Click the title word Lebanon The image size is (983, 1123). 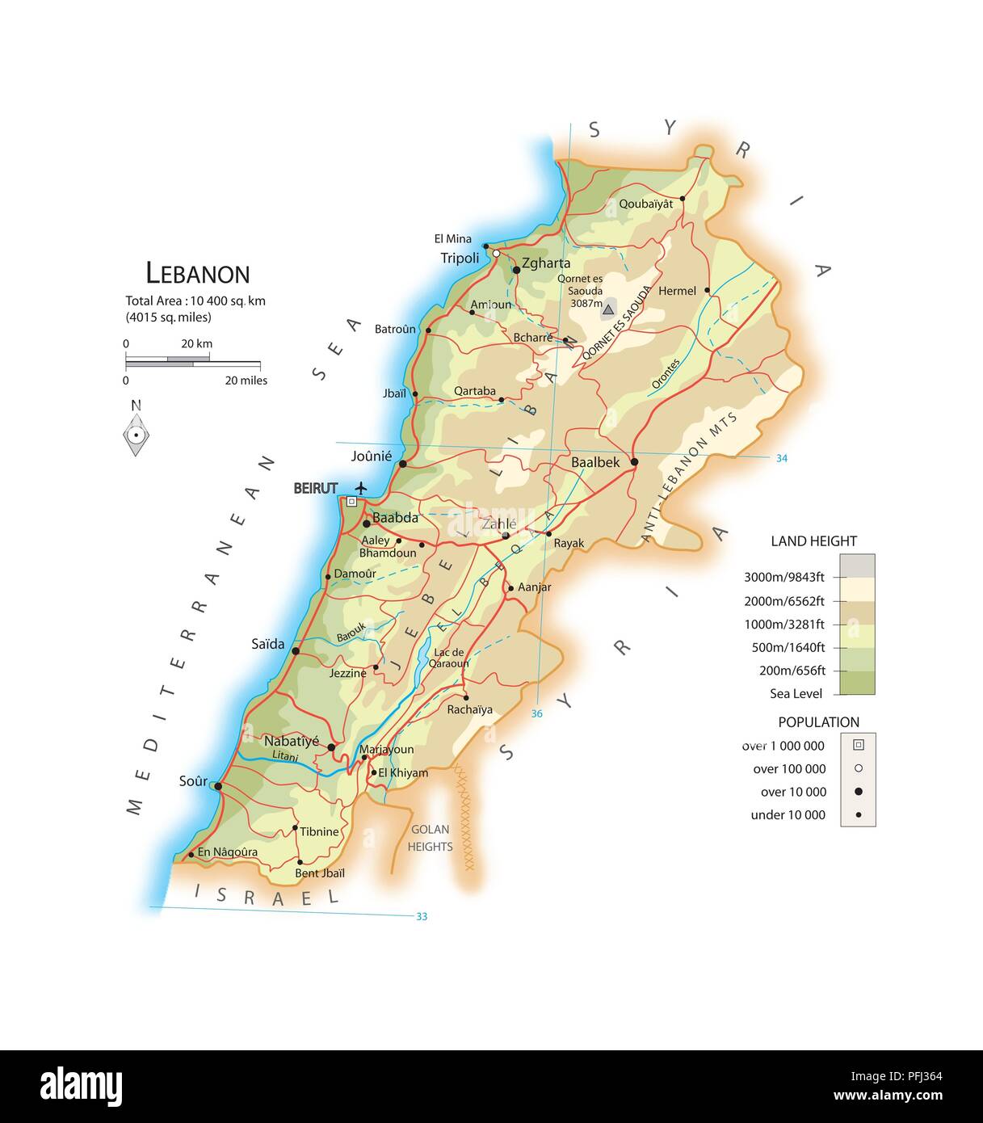point(198,274)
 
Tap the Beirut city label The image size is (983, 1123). point(315,489)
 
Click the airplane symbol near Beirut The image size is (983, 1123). point(360,488)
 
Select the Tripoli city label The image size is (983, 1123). point(460,259)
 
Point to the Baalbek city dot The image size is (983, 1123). point(634,462)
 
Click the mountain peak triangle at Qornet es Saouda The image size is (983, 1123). point(607,308)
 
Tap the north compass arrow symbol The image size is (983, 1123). point(137,435)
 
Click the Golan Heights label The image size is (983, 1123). point(430,838)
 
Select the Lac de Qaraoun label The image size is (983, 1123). point(448,658)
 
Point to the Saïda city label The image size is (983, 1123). point(268,644)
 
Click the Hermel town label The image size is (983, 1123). point(677,291)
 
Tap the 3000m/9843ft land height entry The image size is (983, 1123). point(783,577)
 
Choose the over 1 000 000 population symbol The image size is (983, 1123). point(858,745)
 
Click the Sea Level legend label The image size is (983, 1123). point(796,693)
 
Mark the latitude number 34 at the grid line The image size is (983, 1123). point(781,458)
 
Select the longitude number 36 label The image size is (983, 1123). point(537,714)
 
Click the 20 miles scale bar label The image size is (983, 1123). point(246,381)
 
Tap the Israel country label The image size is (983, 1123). point(267,896)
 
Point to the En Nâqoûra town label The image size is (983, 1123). point(228,852)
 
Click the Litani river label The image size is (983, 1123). point(285,757)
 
